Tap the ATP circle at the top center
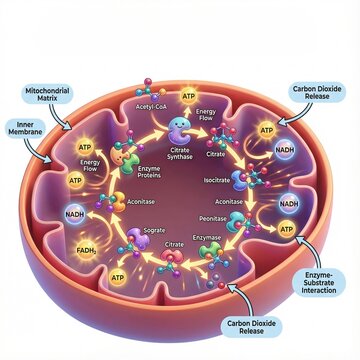pos(187,87)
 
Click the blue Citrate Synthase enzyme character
pos(178,129)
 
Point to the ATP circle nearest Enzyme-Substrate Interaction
pos(287,230)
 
